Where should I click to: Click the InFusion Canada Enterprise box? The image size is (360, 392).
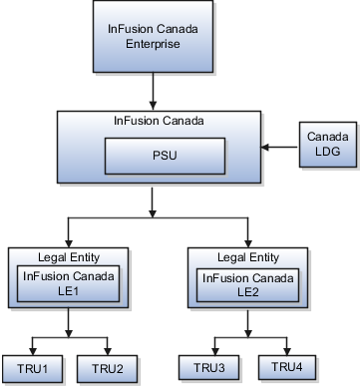[152, 37]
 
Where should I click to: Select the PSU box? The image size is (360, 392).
[152, 156]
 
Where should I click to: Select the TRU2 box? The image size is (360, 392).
[106, 368]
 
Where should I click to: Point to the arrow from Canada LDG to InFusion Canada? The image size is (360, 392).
[278, 148]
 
